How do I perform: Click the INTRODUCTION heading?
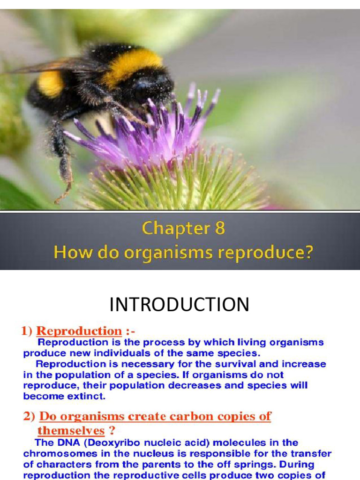click(x=180, y=305)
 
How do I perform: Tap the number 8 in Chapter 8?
click(x=219, y=229)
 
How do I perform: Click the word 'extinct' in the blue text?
click(x=89, y=396)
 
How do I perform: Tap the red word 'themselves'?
click(x=71, y=430)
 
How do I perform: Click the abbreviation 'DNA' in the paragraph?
click(x=61, y=442)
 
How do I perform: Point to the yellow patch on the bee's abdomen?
click(x=51, y=83)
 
